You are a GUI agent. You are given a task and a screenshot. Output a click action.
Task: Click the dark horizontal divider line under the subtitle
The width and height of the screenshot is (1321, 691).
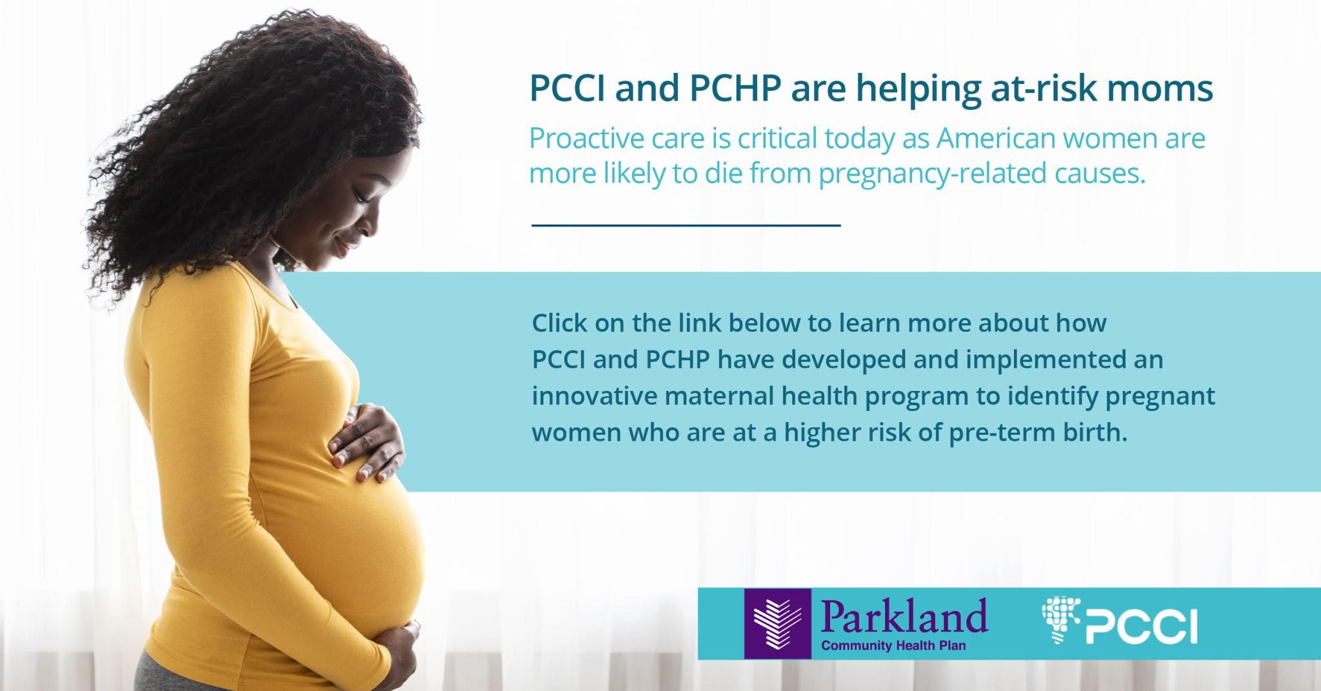click(x=686, y=225)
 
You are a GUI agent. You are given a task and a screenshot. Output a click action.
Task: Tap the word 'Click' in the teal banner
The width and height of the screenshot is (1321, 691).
click(x=559, y=323)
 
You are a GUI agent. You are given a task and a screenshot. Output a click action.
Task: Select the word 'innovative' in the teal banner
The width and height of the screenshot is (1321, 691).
click(x=594, y=396)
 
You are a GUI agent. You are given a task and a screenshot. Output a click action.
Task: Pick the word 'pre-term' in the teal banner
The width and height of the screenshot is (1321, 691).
click(x=999, y=432)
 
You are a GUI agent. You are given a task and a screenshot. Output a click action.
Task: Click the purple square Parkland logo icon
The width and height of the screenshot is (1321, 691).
click(x=777, y=623)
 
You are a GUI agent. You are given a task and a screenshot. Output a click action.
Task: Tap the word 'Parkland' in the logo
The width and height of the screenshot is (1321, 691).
click(x=904, y=616)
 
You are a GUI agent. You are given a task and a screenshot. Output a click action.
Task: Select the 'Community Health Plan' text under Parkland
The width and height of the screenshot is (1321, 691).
click(x=893, y=646)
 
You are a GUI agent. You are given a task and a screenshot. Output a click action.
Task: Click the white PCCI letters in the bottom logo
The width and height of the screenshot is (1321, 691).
click(x=1142, y=626)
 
